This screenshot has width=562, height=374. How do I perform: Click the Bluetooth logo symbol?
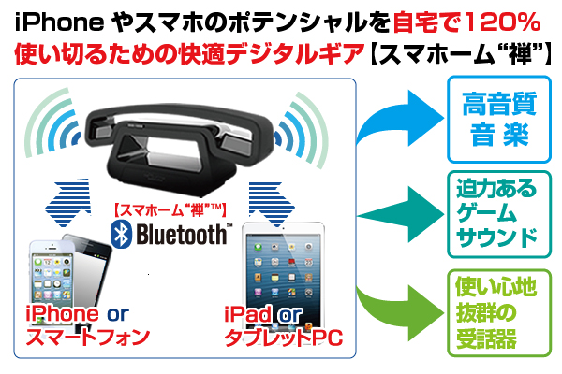pyautogui.click(x=120, y=234)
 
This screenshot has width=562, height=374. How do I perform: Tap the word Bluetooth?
pyautogui.click(x=181, y=234)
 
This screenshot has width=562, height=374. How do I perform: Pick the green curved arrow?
pyautogui.click(x=403, y=299)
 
